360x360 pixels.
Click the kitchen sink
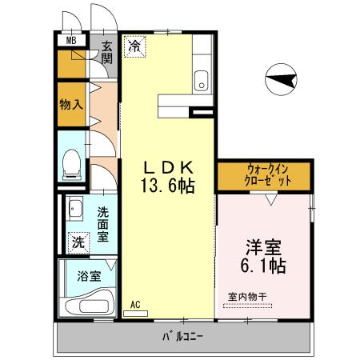(x=201, y=80)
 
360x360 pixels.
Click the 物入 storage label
(x=70, y=106)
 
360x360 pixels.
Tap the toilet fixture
(x=71, y=163)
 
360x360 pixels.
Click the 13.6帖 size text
(x=168, y=186)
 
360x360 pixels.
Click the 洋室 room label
(x=262, y=245)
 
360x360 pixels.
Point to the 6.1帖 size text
(x=262, y=263)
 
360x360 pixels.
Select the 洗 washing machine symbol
(x=78, y=242)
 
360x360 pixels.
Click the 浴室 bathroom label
(x=89, y=277)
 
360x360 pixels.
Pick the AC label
(x=135, y=304)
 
